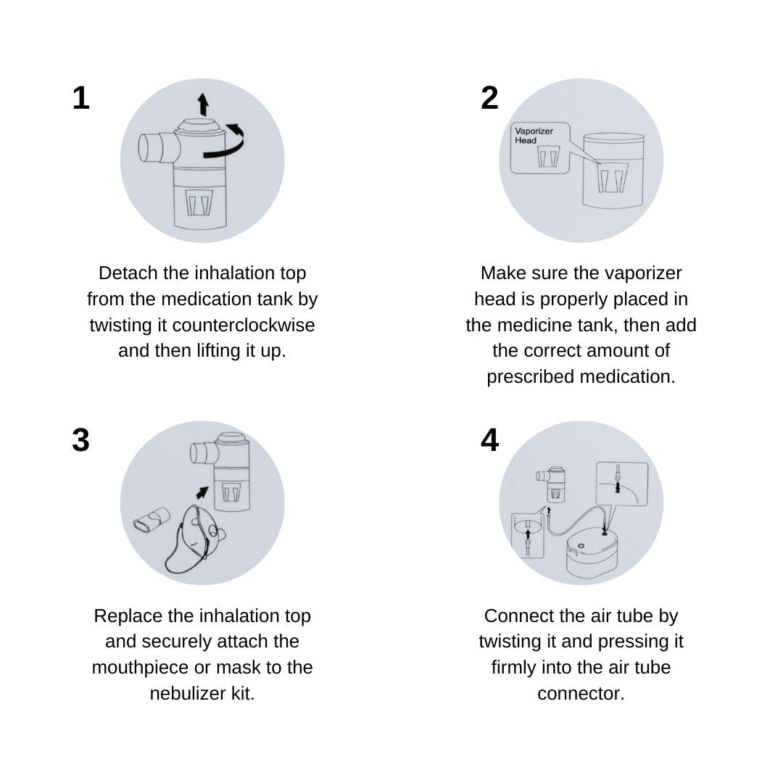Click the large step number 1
[81, 98]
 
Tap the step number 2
[490, 98]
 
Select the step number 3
[81, 441]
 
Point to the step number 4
[490, 441]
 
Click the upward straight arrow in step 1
[203, 104]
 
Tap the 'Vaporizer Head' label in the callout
[534, 136]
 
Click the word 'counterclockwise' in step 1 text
[244, 325]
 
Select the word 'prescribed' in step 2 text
[532, 377]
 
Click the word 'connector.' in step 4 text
[581, 694]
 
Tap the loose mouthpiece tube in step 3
[152, 521]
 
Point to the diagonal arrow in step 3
[202, 492]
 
